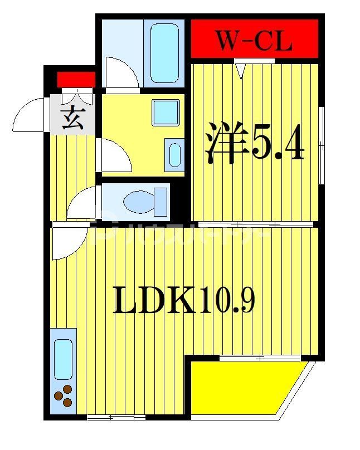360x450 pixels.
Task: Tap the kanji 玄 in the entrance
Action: (72, 119)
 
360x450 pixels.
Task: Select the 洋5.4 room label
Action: (255, 144)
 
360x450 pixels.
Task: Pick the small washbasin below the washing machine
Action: (174, 154)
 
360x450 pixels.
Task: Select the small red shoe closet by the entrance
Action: (76, 80)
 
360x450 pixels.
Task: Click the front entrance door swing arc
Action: (31, 116)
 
